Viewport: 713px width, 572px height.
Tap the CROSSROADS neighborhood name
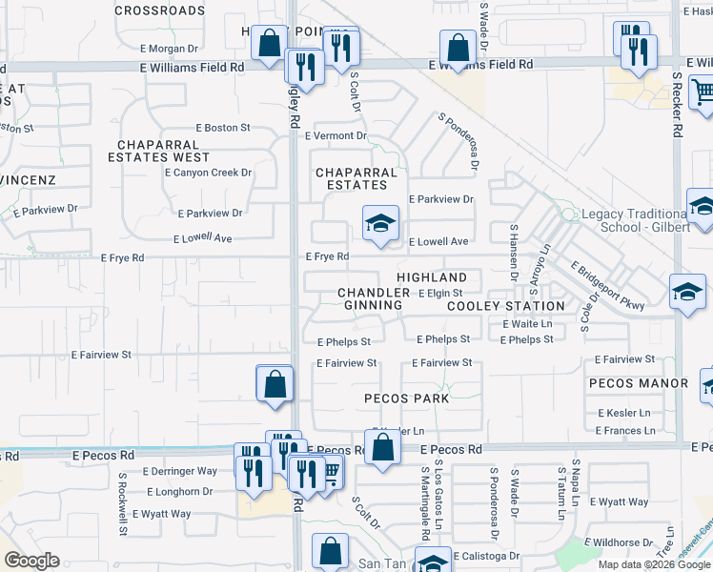(159, 10)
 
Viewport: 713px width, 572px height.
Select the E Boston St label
(223, 127)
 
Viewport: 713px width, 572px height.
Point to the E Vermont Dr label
(336, 135)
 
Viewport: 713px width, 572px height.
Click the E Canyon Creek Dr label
(208, 173)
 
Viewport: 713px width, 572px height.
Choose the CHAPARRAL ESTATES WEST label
(163, 151)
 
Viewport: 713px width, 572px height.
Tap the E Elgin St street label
(440, 293)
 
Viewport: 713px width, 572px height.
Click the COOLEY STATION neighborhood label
(506, 306)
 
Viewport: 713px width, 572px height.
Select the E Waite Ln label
(527, 324)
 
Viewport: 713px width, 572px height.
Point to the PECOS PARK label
(406, 398)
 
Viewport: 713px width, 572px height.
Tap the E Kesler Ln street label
(626, 413)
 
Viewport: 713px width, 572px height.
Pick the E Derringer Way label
(180, 471)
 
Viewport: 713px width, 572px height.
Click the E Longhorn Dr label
(180, 492)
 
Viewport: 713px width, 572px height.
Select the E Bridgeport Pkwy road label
(608, 284)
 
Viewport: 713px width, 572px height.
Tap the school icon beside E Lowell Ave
(380, 224)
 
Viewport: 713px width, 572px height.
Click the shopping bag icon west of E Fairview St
(275, 385)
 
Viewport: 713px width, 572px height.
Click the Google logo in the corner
(31, 561)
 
